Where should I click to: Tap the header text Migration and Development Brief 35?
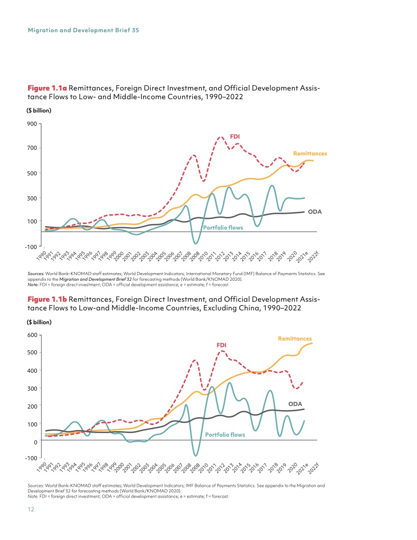[83, 30]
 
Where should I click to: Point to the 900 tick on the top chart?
[31, 123]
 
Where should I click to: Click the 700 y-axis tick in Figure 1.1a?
[31, 148]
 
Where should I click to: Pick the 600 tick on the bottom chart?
[31, 335]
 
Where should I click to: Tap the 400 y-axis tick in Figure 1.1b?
[31, 370]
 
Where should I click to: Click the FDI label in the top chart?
[235, 136]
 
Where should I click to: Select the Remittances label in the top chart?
[310, 153]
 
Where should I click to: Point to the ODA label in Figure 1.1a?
[314, 211]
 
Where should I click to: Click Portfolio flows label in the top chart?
[223, 228]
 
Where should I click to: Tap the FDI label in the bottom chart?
[222, 345]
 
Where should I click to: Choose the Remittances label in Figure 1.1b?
[295, 339]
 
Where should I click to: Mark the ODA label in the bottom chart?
[295, 404]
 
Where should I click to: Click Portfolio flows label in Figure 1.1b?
[225, 435]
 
